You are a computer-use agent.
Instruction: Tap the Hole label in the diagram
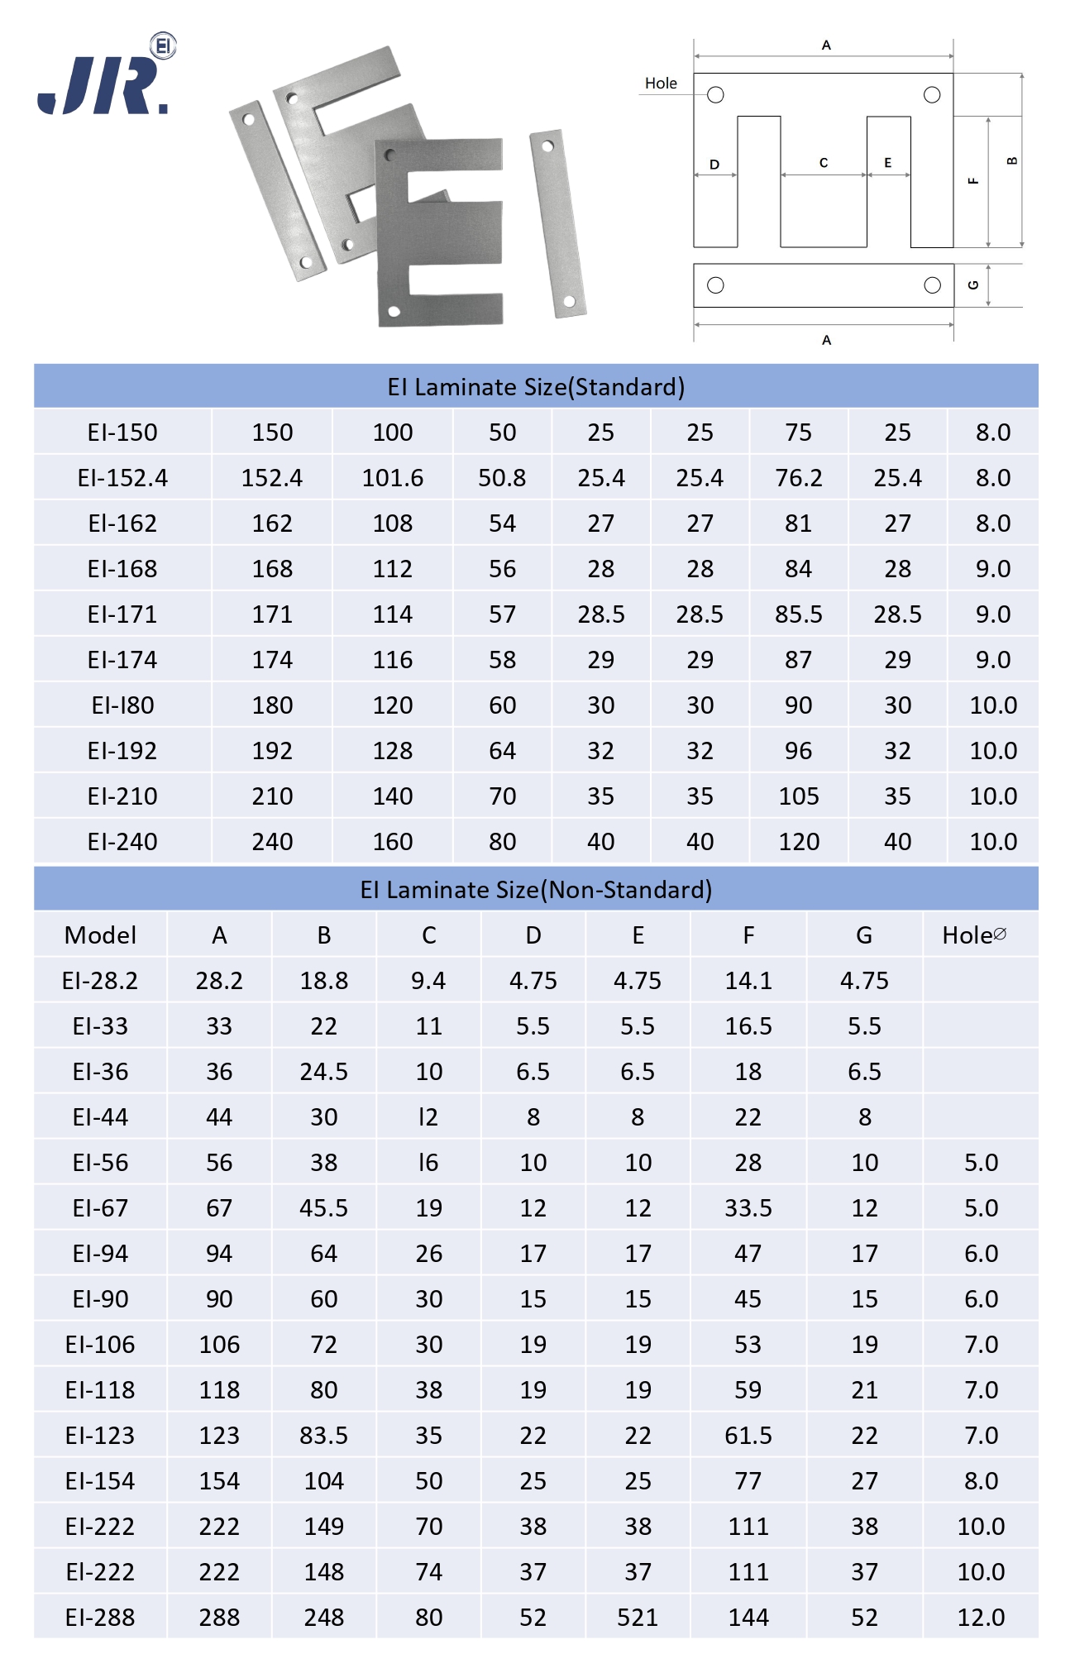click(x=661, y=84)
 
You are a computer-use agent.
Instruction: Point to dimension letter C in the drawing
click(x=824, y=163)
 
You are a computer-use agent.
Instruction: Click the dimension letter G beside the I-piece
click(x=973, y=285)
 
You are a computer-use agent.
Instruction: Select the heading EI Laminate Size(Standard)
click(x=536, y=387)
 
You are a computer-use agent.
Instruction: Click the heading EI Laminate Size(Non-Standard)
click(x=536, y=890)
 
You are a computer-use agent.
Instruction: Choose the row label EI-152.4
click(x=122, y=478)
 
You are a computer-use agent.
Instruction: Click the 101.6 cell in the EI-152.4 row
click(x=393, y=478)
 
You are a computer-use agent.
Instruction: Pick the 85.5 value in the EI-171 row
click(x=798, y=614)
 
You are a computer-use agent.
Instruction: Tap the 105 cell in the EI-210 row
click(x=798, y=796)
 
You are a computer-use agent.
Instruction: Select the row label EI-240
click(x=122, y=842)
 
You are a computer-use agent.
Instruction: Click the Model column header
click(x=100, y=935)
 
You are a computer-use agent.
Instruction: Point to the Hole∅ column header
click(x=974, y=935)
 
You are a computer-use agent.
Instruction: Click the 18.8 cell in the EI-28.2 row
click(x=323, y=981)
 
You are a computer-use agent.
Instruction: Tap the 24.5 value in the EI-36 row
click(x=323, y=1072)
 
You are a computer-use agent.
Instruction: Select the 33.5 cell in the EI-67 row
click(x=748, y=1208)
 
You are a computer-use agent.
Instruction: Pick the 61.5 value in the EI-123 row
click(x=748, y=1436)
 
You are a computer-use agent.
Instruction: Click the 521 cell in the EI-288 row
click(x=638, y=1618)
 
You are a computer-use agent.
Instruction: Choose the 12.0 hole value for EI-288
click(x=981, y=1618)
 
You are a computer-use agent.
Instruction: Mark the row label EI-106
click(x=100, y=1345)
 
